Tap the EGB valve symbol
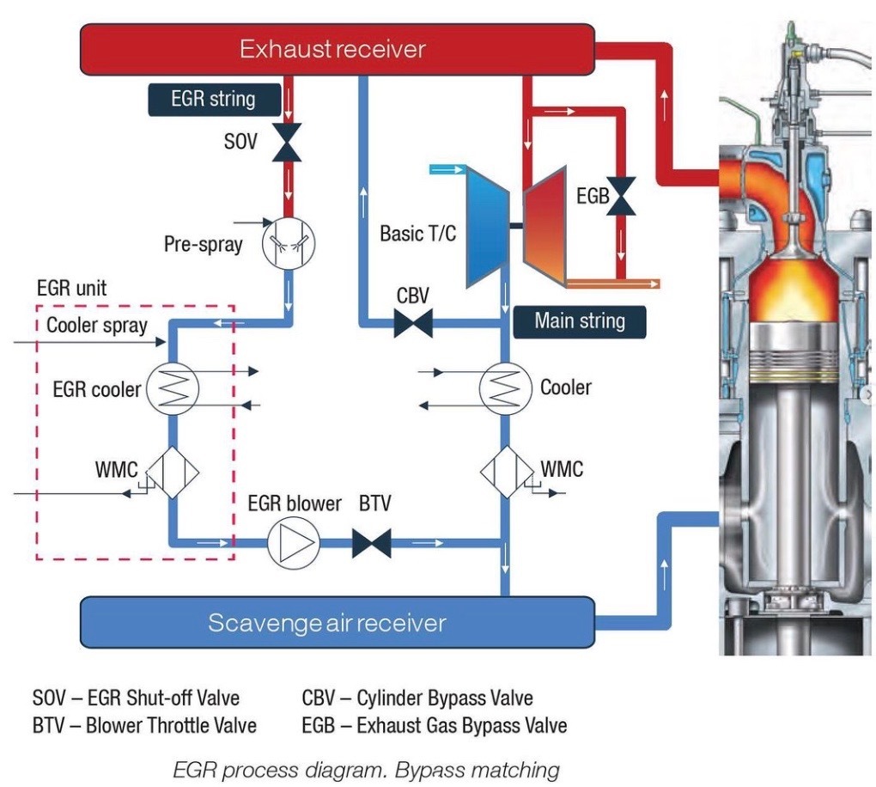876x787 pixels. (624, 197)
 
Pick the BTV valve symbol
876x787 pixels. (372, 543)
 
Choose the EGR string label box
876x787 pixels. (213, 98)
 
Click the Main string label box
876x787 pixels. (579, 321)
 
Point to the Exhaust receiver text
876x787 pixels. (332, 48)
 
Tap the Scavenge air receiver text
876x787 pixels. (327, 622)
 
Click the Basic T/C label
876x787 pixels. (418, 234)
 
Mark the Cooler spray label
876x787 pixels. (96, 326)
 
